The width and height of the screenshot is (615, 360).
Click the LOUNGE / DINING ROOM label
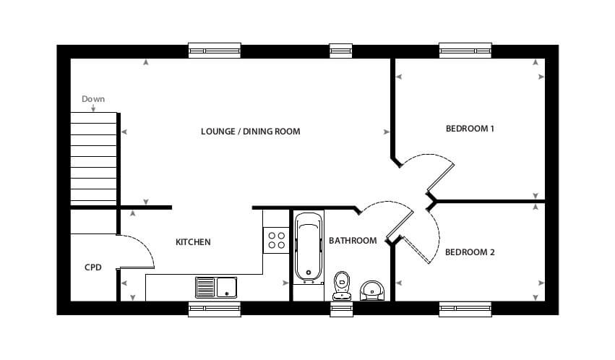pos(250,132)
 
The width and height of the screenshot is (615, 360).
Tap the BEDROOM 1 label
pos(470,129)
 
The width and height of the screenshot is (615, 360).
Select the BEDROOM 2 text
pos(470,252)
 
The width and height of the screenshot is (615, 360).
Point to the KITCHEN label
pos(193,242)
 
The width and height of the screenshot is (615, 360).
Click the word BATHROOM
pos(353,241)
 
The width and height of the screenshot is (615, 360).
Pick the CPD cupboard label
pos(93,267)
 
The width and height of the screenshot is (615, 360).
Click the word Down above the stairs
pos(93,99)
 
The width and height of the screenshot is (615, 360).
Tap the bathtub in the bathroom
pos(309,247)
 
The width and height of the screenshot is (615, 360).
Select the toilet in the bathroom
pos(342,286)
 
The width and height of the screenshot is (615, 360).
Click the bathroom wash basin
pos(372,291)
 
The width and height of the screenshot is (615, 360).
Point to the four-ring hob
pos(276,241)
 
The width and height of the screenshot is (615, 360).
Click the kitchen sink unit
pos(216,288)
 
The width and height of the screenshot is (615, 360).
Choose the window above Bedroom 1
pos(465,51)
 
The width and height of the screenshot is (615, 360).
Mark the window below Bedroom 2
pos(465,309)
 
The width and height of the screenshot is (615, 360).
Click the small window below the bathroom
pos(341,309)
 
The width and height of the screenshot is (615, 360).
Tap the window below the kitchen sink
pos(215,309)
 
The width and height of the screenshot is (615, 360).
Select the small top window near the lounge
pos(341,51)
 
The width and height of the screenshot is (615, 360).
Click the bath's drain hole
pos(309,273)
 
